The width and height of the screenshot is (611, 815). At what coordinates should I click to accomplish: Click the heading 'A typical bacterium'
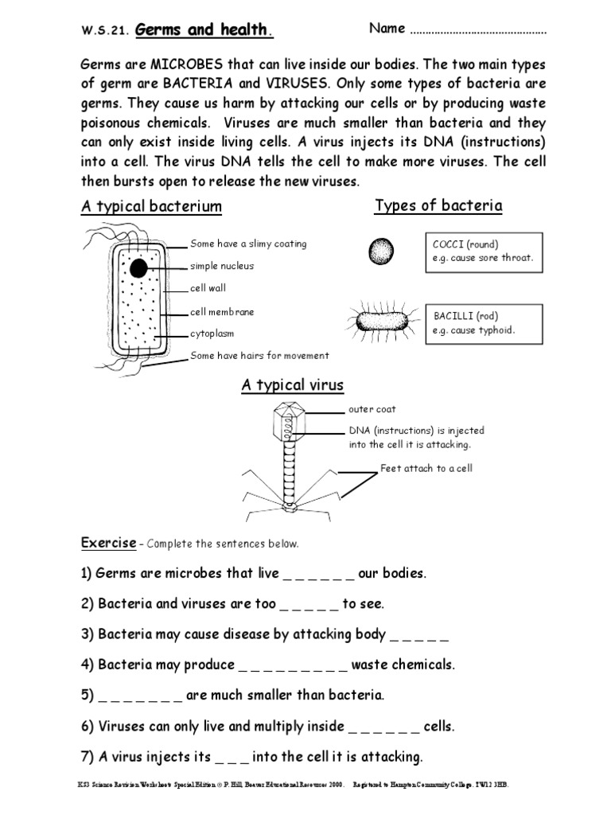pyautogui.click(x=151, y=207)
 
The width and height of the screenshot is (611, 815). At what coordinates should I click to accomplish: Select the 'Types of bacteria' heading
pyautogui.click(x=438, y=206)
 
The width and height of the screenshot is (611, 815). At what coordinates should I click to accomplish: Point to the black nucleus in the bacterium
pyautogui.click(x=138, y=268)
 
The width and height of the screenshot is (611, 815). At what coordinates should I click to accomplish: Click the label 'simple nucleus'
pyautogui.click(x=222, y=266)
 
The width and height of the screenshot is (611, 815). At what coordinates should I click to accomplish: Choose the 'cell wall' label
pyautogui.click(x=208, y=288)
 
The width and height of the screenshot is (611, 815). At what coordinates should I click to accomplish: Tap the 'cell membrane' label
pyautogui.click(x=222, y=312)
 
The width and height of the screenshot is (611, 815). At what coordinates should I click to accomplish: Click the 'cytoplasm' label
pyautogui.click(x=212, y=333)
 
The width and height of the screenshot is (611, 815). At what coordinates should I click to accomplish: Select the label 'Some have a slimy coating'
pyautogui.click(x=248, y=244)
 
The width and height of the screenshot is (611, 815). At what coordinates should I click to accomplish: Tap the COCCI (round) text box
pyautogui.click(x=484, y=252)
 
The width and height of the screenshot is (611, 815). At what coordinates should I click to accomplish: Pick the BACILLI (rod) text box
pyautogui.click(x=484, y=322)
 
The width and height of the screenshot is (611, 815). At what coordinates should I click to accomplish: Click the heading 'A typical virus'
pyautogui.click(x=293, y=385)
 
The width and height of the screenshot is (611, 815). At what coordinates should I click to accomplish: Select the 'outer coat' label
pyautogui.click(x=372, y=409)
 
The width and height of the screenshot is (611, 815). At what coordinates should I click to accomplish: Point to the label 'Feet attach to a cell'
pyautogui.click(x=426, y=468)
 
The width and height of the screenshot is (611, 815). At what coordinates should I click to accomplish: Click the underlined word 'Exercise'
pyautogui.click(x=108, y=543)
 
